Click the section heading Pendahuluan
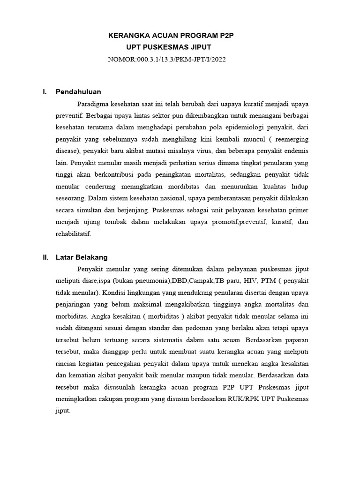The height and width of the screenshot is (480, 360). tap(78, 91)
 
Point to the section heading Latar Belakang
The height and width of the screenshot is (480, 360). tap(82, 257)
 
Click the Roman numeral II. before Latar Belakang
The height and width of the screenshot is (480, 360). tap(45, 257)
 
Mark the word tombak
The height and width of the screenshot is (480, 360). tap(123, 221)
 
